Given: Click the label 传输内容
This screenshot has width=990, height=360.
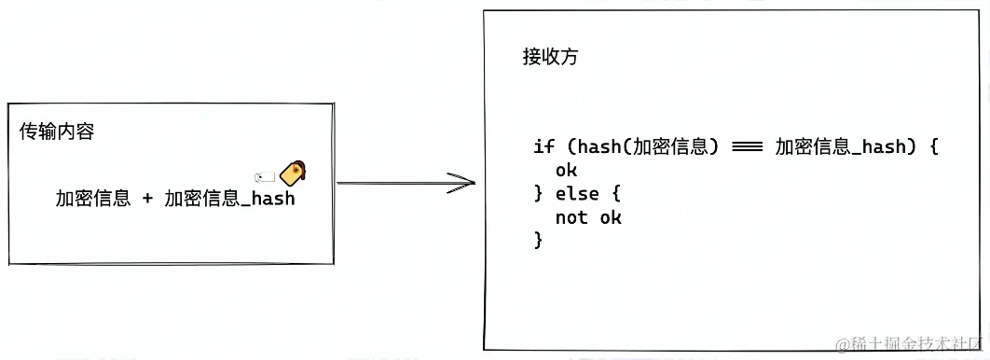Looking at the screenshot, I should click(x=57, y=132).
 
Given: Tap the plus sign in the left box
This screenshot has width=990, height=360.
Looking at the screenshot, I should click(x=147, y=198).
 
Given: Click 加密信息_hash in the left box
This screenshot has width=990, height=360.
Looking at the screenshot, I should click(x=229, y=198).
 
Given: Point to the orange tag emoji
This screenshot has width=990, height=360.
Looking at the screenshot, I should click(x=295, y=173).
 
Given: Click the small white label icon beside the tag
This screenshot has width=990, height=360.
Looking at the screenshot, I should click(x=265, y=176).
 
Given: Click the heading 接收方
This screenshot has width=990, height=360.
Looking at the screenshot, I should click(x=550, y=56).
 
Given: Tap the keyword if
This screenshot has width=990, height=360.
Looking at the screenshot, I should click(x=543, y=146).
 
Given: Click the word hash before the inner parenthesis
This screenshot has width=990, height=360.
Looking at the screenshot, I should click(x=598, y=146).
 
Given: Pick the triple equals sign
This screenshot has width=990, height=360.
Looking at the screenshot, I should click(x=748, y=147).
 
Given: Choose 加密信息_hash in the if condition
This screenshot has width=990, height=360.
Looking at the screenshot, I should click(x=841, y=146).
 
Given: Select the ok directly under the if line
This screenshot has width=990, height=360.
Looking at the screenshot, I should click(x=566, y=171).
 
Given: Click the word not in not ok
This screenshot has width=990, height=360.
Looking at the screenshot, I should click(x=571, y=218).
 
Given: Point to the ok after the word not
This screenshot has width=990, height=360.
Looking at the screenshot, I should click(x=611, y=218).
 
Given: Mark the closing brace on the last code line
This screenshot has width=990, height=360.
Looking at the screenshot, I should click(x=538, y=242).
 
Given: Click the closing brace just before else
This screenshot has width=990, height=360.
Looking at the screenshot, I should click(x=538, y=195).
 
